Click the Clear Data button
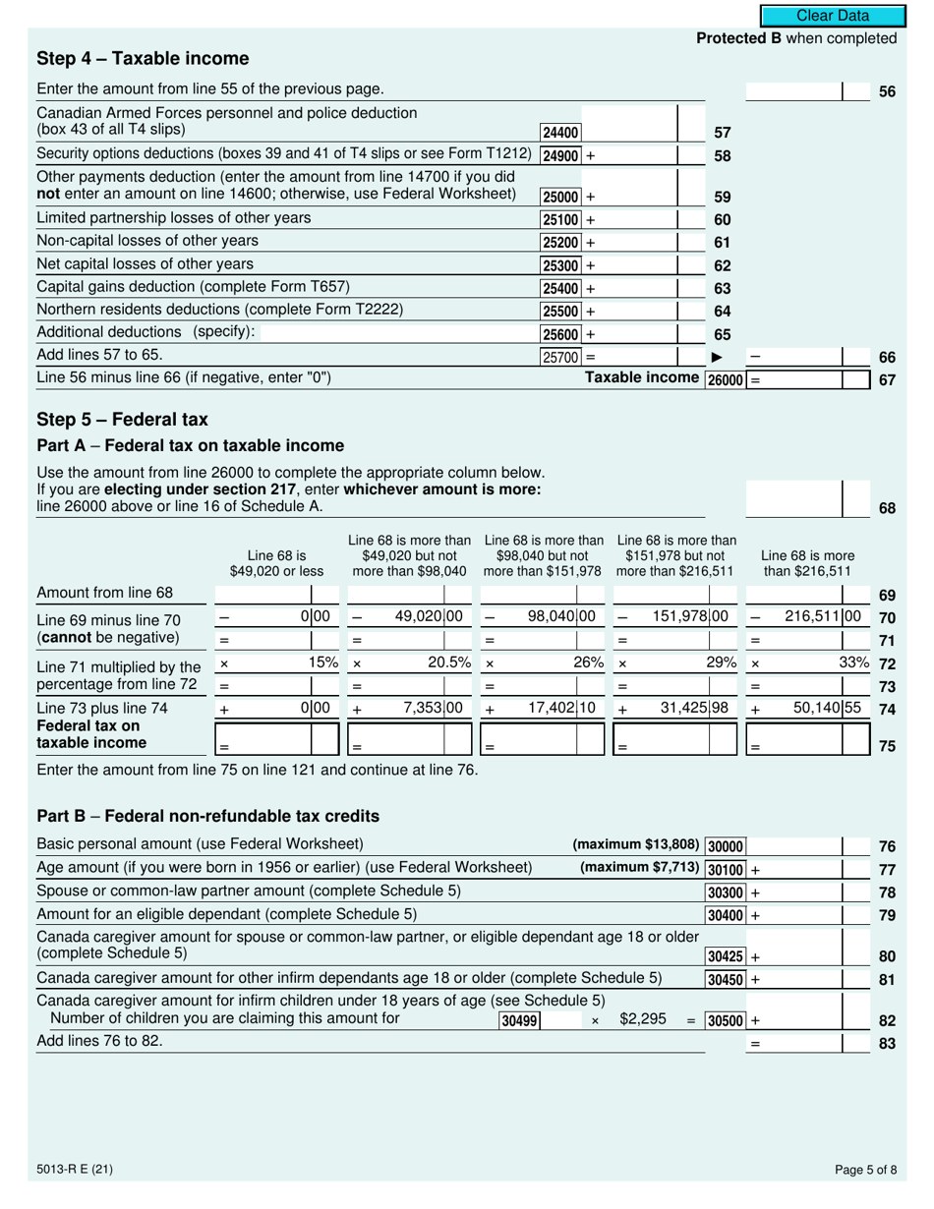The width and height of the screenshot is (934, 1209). click(x=832, y=16)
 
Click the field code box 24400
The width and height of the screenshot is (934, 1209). click(x=560, y=133)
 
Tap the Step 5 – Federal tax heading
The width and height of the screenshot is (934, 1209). click(x=122, y=420)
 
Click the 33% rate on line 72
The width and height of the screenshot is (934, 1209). click(x=853, y=662)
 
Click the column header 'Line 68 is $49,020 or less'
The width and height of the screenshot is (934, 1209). click(x=276, y=562)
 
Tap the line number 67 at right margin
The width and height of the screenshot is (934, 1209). click(x=887, y=380)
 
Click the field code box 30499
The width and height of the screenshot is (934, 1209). click(x=519, y=1021)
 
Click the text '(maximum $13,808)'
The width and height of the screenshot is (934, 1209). click(x=636, y=844)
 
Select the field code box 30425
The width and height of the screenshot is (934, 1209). click(x=726, y=955)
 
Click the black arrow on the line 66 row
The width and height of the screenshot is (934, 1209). click(x=717, y=357)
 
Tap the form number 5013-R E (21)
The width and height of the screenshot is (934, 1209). click(x=74, y=1170)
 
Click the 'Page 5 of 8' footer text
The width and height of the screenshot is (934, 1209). click(x=864, y=1170)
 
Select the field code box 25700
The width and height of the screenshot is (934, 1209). click(x=560, y=357)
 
